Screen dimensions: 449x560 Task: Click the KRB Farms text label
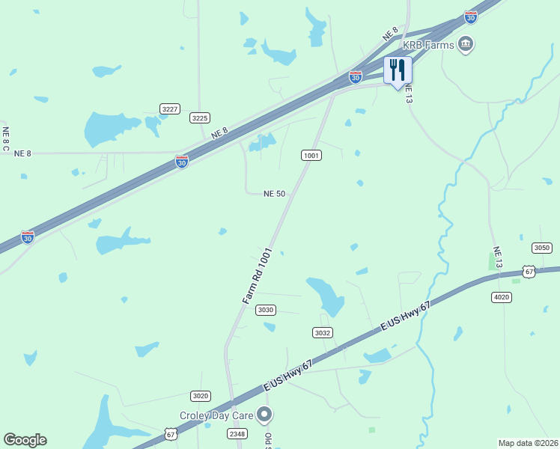pyautogui.click(x=429, y=46)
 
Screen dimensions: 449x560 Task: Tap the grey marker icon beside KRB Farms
pyautogui.click(x=467, y=43)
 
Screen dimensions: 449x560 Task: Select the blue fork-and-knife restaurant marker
pyautogui.click(x=398, y=71)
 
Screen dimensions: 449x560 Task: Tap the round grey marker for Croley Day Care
pyautogui.click(x=264, y=414)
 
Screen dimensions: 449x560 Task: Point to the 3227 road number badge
pyautogui.click(x=170, y=109)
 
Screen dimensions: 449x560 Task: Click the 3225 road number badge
pyautogui.click(x=199, y=117)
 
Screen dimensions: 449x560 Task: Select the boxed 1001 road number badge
pyautogui.click(x=311, y=155)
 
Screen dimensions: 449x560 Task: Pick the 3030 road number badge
pyautogui.click(x=265, y=310)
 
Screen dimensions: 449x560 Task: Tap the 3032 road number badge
pyautogui.click(x=322, y=332)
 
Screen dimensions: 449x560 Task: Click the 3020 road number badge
pyautogui.click(x=200, y=396)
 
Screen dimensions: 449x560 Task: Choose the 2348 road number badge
pyautogui.click(x=237, y=433)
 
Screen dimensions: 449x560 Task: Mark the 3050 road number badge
pyautogui.click(x=541, y=248)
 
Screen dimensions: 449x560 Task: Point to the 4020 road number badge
pyautogui.click(x=501, y=297)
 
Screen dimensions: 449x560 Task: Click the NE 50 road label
pyautogui.click(x=275, y=194)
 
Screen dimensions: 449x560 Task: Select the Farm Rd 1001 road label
pyautogui.click(x=255, y=276)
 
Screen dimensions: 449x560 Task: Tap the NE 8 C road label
pyautogui.click(x=6, y=139)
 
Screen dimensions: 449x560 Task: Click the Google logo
pyautogui.click(x=25, y=440)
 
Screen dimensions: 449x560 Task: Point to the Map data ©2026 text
pyautogui.click(x=529, y=443)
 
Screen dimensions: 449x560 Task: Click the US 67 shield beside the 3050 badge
pyautogui.click(x=529, y=272)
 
